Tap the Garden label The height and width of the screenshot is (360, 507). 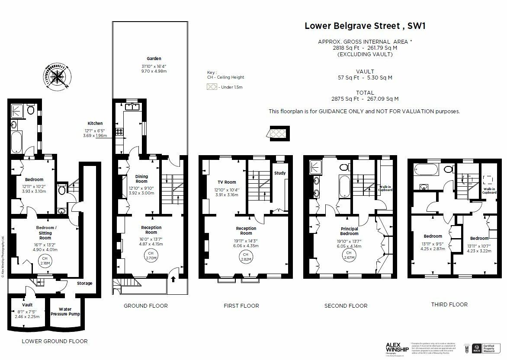coord(154,58)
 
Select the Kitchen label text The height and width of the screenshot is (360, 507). coord(95,123)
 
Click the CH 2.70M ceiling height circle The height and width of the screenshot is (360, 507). coord(151,255)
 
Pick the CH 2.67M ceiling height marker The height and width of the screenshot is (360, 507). coord(349,255)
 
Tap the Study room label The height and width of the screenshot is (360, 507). coord(280,173)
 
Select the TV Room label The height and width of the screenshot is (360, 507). coord(227,182)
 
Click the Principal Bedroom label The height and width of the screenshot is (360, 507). coord(349,231)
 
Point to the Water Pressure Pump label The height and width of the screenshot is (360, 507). coord(65,312)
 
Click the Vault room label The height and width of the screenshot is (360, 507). coord(27,305)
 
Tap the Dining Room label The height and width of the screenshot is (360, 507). coord(141,179)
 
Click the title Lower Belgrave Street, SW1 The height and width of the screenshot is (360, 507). coord(365,25)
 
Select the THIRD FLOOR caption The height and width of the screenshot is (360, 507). coord(449,304)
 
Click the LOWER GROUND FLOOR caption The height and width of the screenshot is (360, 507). coord(55,341)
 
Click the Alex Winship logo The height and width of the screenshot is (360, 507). coord(397,347)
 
